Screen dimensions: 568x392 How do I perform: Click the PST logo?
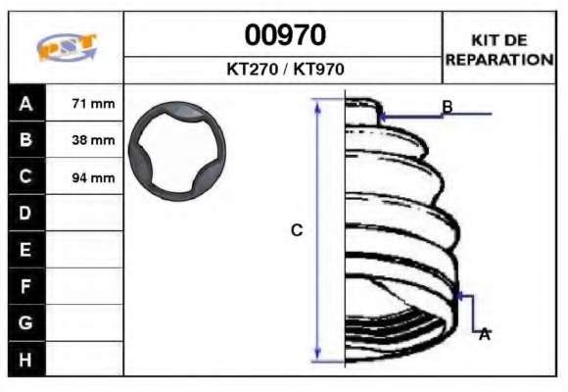67,47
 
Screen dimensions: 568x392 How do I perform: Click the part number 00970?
285,35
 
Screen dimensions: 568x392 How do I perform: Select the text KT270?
252,69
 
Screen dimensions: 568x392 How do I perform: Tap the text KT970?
318,69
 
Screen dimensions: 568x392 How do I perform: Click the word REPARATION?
499,60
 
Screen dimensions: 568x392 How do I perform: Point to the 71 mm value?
93,104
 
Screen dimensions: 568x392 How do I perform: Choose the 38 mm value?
93,140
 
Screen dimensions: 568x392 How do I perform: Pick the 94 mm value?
93,177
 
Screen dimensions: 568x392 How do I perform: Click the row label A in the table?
25,104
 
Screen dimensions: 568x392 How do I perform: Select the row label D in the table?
25,213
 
